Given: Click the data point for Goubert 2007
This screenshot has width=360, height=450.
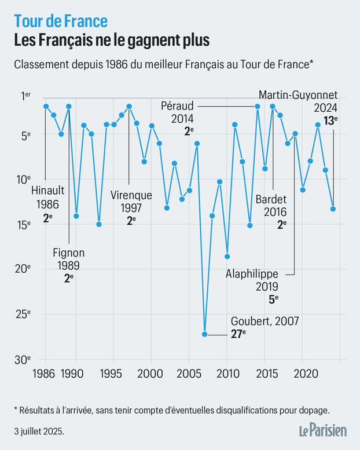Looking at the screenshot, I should click(x=204, y=334).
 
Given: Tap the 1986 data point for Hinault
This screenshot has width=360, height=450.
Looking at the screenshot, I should click(x=46, y=107).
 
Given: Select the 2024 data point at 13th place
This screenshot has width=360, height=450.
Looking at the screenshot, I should click(x=333, y=208).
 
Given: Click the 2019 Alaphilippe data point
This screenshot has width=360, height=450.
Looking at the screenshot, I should click(x=295, y=133).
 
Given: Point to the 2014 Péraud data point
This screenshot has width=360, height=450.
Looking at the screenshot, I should click(x=258, y=107).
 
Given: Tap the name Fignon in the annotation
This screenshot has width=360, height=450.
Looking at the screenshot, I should click(x=69, y=253).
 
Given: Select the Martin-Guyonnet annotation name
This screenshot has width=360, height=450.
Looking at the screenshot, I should click(x=298, y=94).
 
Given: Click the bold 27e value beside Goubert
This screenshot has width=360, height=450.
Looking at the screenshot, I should click(x=238, y=334).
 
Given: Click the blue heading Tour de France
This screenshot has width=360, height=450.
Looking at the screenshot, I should click(x=61, y=21).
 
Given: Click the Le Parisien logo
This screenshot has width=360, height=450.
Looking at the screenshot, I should click(x=322, y=430).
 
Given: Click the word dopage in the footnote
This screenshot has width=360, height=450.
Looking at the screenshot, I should click(x=313, y=410).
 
